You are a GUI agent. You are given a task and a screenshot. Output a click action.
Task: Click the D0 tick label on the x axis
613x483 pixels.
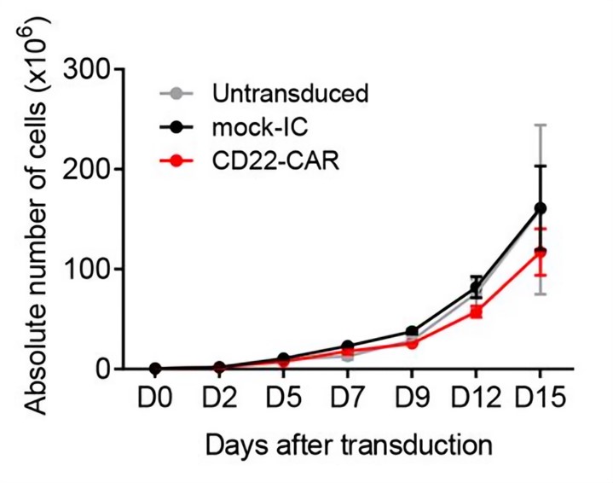click(x=154, y=401)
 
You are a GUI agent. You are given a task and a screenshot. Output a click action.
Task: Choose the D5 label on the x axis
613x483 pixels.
click(x=283, y=401)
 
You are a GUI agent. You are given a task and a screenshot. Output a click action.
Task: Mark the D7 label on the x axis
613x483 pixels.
click(x=347, y=401)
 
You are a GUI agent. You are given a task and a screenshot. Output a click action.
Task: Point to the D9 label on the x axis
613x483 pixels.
click(x=412, y=401)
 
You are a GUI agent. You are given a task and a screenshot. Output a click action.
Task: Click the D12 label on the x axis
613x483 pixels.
click(x=476, y=401)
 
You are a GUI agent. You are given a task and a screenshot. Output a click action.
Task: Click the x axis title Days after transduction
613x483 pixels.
click(x=348, y=446)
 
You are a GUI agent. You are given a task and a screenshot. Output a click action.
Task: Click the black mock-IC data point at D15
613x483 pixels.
click(x=539, y=208)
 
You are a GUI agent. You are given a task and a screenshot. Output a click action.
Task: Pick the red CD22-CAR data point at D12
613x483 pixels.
click(x=476, y=312)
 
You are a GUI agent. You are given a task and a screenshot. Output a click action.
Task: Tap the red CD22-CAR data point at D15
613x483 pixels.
click(x=539, y=253)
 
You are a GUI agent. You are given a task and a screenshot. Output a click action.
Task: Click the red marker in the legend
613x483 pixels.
click(x=176, y=160)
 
